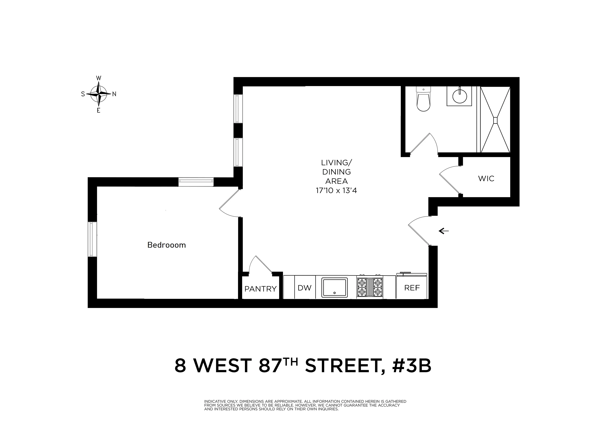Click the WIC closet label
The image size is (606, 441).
486,178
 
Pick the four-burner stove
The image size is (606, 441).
369,287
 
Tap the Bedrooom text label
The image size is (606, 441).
166,245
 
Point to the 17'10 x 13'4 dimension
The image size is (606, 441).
336,191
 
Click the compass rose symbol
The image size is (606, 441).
99,94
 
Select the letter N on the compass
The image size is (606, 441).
114,94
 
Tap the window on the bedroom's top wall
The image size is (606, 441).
196,182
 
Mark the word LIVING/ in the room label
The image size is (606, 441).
336,163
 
